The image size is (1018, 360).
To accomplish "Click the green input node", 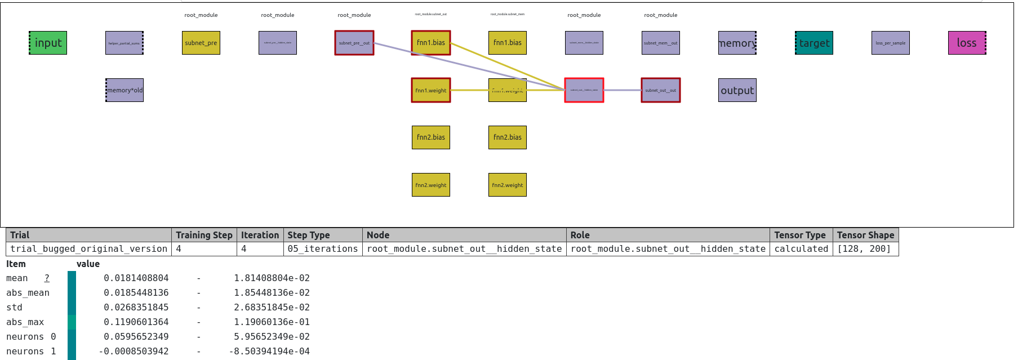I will [x=48, y=43].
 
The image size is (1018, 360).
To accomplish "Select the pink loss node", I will [x=967, y=43].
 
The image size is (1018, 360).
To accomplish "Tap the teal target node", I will [x=814, y=43].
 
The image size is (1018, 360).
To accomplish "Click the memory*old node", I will [x=125, y=90].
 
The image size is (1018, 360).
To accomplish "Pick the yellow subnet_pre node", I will [x=201, y=43].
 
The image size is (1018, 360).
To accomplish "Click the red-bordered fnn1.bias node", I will [x=431, y=43].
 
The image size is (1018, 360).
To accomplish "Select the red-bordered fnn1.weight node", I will [x=431, y=90].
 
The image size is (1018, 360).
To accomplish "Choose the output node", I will [x=737, y=90].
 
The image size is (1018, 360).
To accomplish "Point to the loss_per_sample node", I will [x=891, y=43].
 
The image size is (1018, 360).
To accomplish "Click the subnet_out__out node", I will [x=661, y=90].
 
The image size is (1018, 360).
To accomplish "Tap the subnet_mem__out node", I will [x=661, y=43].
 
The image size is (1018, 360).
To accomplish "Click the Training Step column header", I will [x=204, y=235].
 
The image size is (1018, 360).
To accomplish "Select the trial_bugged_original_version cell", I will [x=88, y=248].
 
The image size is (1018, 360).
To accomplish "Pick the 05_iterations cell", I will [x=323, y=248].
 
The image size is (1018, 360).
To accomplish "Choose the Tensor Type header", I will [x=800, y=235].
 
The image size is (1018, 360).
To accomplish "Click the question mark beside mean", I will [x=47, y=278].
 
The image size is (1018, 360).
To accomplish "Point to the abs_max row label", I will [x=25, y=322].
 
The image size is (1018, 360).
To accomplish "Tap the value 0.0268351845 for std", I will [x=136, y=307].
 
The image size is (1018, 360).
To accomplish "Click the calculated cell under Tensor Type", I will [x=801, y=248].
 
